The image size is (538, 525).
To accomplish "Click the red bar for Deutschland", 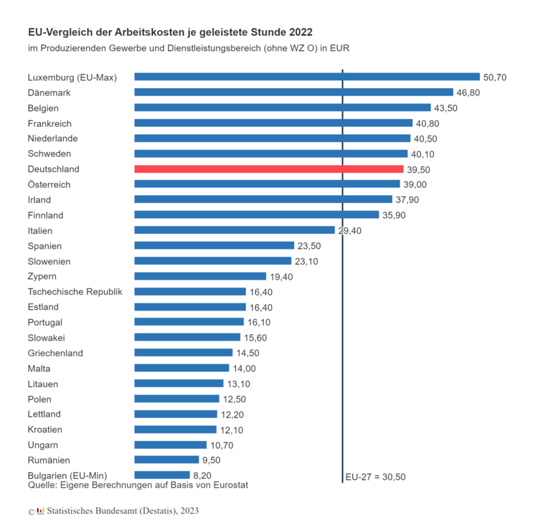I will (269, 169).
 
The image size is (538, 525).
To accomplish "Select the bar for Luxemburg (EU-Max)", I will (307, 77).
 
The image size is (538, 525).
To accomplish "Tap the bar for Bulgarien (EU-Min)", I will (162, 475).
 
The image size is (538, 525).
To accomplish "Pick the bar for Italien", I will (235, 230).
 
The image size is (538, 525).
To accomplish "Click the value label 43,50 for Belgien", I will (445, 108).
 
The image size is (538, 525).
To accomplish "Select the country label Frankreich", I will (49, 123).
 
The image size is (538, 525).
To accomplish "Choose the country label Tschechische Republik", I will (75, 292).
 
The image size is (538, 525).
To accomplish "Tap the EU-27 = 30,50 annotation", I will (375, 476).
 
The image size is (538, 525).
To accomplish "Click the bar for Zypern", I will (201, 276).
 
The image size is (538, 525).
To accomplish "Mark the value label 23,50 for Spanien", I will (309, 246).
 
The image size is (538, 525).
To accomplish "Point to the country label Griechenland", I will (55, 353).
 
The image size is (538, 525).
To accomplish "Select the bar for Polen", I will (176, 399).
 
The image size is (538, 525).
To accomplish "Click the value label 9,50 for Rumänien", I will (213, 460).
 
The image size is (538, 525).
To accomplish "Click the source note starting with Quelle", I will (138, 486).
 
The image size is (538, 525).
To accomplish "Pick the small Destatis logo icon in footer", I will (40, 511).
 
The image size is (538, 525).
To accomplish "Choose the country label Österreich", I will (49, 184).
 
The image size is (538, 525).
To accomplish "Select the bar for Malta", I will (181, 368).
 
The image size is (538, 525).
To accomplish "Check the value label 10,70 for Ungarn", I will (222, 445).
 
